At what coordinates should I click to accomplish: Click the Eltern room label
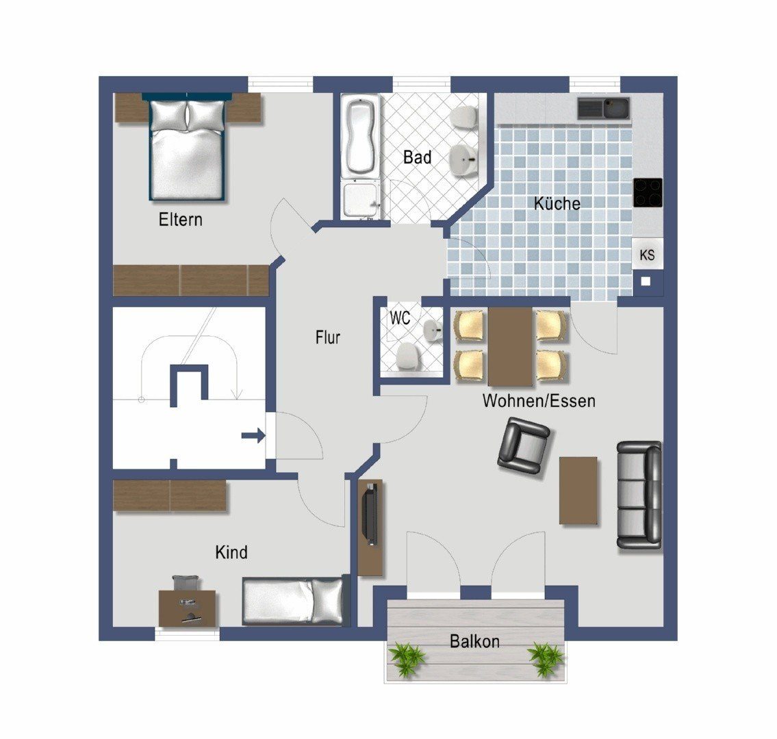(x=180, y=220)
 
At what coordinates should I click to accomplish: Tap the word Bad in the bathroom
(x=417, y=157)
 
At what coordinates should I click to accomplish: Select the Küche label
(x=557, y=203)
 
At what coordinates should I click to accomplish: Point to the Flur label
(x=327, y=337)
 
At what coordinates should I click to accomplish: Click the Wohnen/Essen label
(x=539, y=400)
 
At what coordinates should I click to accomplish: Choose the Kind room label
(x=231, y=552)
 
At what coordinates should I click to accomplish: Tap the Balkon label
(x=474, y=641)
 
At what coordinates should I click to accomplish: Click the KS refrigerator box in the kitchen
(x=647, y=254)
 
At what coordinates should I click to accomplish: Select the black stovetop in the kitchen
(x=648, y=192)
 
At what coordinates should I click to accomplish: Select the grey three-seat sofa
(x=639, y=495)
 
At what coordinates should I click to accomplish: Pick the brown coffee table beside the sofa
(x=578, y=491)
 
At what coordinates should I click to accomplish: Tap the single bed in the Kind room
(x=293, y=600)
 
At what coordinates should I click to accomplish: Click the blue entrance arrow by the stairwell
(x=253, y=436)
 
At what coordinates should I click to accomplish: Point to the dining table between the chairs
(x=511, y=346)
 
